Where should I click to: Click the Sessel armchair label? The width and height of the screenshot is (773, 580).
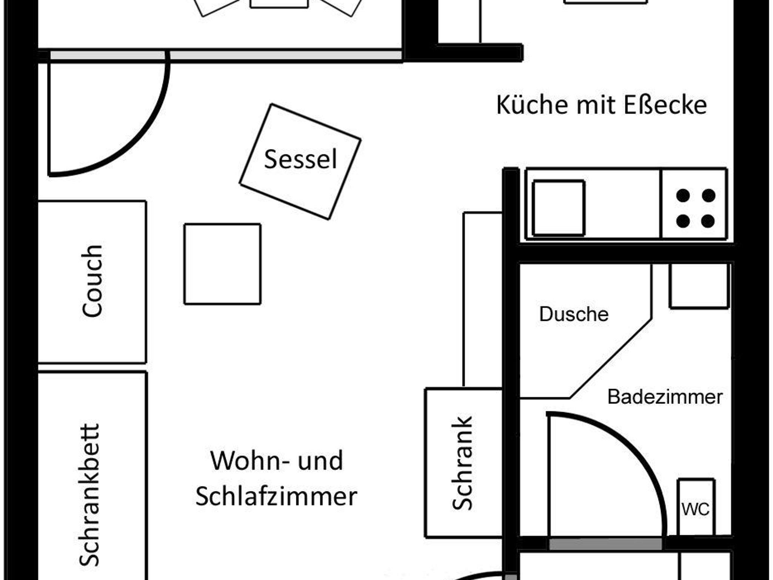[300, 159]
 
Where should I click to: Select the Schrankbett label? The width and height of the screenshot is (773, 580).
[89, 495]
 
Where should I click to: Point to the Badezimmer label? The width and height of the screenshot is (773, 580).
[665, 397]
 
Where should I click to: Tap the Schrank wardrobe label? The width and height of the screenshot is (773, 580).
[462, 463]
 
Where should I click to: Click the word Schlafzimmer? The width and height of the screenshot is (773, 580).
[276, 496]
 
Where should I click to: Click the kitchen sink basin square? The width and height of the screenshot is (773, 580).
[559, 208]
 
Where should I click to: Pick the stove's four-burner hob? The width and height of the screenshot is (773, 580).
[694, 204]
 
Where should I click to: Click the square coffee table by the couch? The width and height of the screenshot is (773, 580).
[222, 264]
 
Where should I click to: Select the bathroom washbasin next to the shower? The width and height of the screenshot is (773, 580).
[699, 286]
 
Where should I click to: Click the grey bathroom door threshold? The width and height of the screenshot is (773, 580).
[605, 544]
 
